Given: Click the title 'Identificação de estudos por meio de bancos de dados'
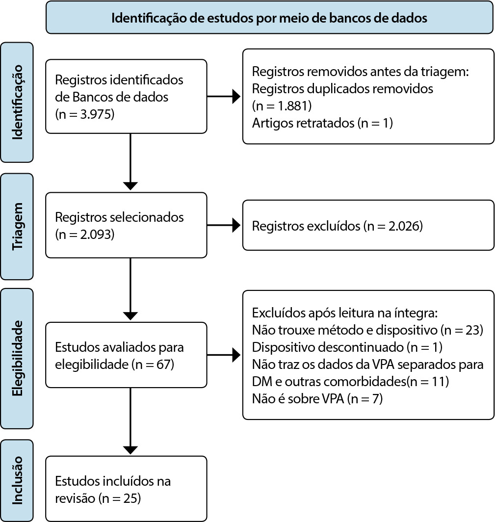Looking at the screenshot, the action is pyautogui.click(x=269, y=18).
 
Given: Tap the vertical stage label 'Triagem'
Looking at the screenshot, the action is pyautogui.click(x=17, y=226).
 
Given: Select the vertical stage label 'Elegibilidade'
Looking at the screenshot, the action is pyautogui.click(x=17, y=358).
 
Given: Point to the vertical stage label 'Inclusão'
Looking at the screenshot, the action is pyautogui.click(x=17, y=480).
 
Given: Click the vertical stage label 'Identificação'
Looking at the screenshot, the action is pyautogui.click(x=17, y=102).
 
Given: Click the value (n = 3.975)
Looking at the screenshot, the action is pyautogui.click(x=85, y=114).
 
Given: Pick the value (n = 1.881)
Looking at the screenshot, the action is pyautogui.click(x=282, y=106).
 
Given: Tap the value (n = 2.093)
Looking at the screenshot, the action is pyautogui.click(x=85, y=235).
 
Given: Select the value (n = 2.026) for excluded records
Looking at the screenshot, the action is pyautogui.click(x=393, y=226).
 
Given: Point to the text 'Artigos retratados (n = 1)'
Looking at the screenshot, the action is pyautogui.click(x=323, y=123).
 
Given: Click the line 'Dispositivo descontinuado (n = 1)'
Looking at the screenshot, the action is pyautogui.click(x=347, y=347).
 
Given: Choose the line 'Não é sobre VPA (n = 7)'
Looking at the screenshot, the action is pyautogui.click(x=317, y=398).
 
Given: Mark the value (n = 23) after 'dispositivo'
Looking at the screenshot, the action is pyautogui.click(x=462, y=330).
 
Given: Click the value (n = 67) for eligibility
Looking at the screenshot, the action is pyautogui.click(x=153, y=364).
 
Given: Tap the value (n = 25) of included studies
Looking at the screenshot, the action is pyautogui.click(x=120, y=498).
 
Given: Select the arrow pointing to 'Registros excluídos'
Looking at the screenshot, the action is pyautogui.click(x=224, y=225).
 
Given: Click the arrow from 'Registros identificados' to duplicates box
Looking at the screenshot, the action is pyautogui.click(x=224, y=97).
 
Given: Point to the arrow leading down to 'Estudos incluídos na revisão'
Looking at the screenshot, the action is pyautogui.click(x=130, y=421).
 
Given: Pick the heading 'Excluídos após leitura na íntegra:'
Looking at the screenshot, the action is pyautogui.click(x=345, y=313).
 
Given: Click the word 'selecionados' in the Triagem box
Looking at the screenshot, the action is pyautogui.click(x=147, y=217).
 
